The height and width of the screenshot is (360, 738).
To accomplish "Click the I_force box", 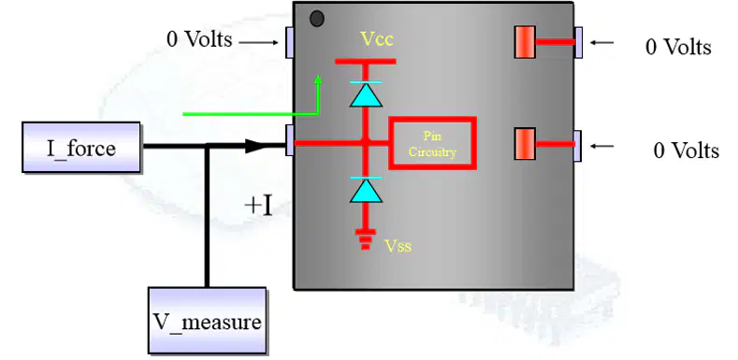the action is coord(81,148).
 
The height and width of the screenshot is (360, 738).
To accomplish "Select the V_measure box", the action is coord(207,321).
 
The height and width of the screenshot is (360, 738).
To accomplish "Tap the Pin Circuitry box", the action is coord(432,143).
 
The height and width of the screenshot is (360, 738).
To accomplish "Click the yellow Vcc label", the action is coord(377,39).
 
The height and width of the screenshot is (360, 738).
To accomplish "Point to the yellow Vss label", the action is coord(398,245).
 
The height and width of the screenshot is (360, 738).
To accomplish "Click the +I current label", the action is coord(258,206).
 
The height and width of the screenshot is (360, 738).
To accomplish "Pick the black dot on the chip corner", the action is coord(317,19).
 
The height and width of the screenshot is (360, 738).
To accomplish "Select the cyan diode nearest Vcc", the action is coord(366,94).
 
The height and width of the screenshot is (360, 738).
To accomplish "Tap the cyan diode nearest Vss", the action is coord(366,190).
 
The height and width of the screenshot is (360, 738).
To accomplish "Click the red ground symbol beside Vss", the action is coord(366,239).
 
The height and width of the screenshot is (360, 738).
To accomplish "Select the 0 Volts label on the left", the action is coord(199,39).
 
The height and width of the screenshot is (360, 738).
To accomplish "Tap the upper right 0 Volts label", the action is coord(678,47).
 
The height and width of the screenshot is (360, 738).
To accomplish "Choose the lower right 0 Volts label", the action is coord(687,151).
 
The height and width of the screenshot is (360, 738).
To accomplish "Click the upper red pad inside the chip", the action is coord(525,42).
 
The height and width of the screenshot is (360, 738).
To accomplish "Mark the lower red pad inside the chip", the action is coord(525,144).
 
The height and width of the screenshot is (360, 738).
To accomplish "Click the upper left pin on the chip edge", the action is coord(290,42).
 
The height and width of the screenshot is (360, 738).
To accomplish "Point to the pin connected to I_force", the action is coord(290,139).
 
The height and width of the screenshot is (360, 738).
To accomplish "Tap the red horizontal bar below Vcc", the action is coord(366,61).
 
